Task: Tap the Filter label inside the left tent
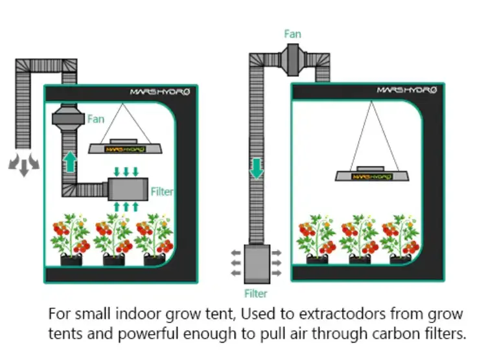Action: (162, 192)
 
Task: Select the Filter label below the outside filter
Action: (256, 293)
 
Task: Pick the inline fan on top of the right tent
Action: (293, 54)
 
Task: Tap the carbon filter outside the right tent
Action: (256, 262)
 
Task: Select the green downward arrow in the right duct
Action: (257, 167)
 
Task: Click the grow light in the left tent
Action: (126, 148)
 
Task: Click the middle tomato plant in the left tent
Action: (113, 238)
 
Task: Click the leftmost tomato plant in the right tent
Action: (316, 238)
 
